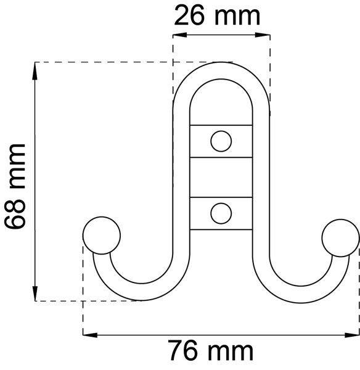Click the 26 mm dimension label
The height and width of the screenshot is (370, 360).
point(217,15)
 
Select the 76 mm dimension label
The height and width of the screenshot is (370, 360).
point(211,351)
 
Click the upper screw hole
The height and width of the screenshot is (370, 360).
point(220,141)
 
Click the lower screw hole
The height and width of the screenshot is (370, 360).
point(220,213)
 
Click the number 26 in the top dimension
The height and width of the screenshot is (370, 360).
point(190,15)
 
